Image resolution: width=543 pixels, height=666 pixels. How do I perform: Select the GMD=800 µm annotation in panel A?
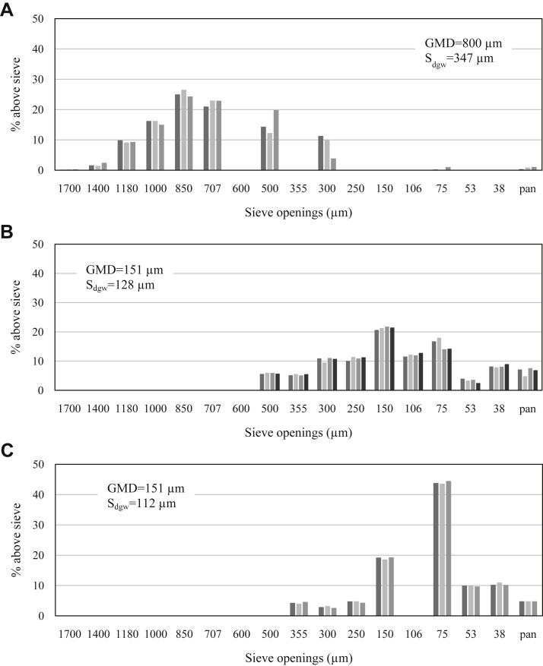pos(462,43)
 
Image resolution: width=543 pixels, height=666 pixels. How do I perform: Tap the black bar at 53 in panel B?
pos(478,387)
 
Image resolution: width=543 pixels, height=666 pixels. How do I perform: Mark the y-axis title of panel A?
pos(16,95)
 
